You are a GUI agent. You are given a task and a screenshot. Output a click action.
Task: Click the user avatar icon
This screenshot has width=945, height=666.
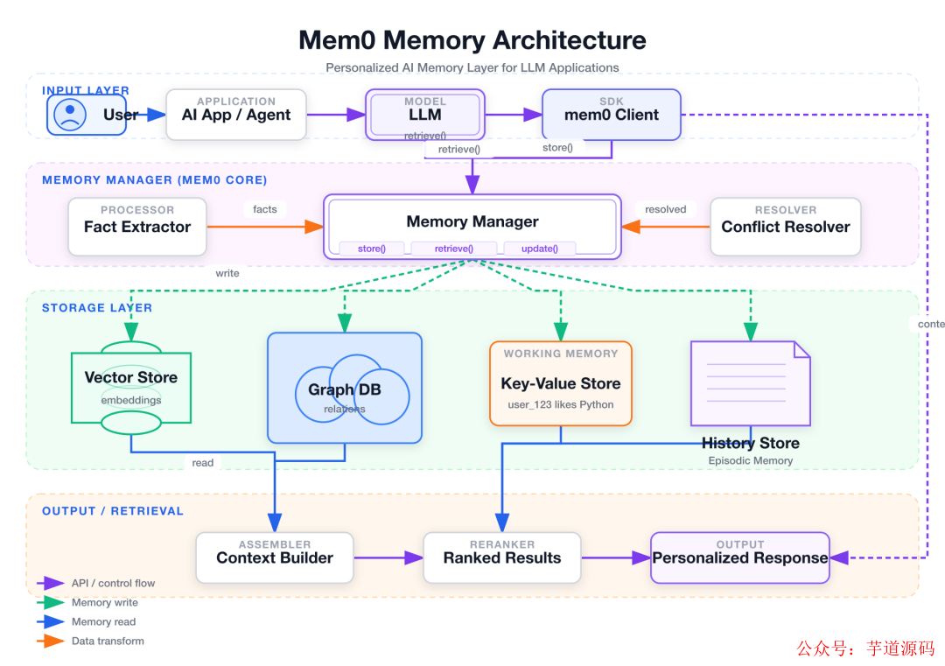coord(70,115)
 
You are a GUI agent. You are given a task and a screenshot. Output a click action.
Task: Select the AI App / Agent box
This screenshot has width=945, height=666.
coord(236,114)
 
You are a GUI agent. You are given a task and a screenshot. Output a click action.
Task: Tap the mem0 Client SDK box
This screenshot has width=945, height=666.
coord(612,114)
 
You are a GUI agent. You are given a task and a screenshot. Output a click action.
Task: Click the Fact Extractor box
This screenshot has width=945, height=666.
coord(137,227)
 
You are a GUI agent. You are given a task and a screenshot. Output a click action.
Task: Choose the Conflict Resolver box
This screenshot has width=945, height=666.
coord(786,227)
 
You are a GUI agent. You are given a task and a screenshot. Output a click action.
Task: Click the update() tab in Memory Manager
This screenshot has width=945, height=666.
coord(539,249)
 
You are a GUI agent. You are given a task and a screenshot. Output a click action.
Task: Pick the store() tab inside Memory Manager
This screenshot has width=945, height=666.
coord(371,249)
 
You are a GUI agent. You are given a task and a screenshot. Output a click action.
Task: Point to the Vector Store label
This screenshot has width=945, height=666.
coord(131,378)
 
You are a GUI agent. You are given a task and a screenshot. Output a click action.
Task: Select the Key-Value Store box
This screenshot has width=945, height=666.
coord(561,383)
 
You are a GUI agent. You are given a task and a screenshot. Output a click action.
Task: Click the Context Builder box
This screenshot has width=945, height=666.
coord(275,557)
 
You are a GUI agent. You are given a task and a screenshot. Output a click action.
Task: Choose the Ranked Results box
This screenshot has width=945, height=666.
coord(502,557)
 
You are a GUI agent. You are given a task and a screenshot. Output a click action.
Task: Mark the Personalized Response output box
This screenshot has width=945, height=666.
coord(740,557)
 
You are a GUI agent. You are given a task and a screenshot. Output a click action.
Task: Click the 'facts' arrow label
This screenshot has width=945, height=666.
coord(265,209)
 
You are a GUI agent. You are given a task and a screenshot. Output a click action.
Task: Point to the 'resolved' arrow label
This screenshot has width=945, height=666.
coord(666,209)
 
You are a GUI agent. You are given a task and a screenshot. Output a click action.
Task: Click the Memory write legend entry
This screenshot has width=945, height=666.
coord(104,602)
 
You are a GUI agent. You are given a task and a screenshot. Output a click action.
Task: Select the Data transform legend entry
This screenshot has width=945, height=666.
coord(108,641)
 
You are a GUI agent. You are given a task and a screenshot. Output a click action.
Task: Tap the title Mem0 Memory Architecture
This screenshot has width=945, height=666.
coord(472,40)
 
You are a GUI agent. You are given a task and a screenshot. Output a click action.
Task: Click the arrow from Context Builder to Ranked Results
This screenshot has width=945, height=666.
coord(388,557)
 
